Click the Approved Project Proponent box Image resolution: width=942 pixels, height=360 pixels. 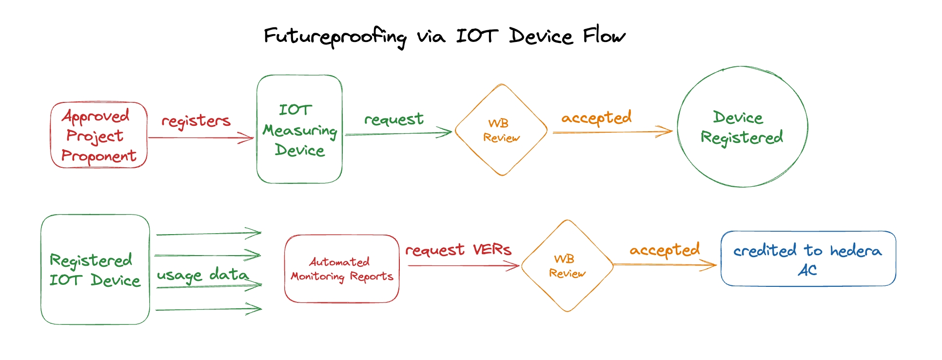[x=98, y=135]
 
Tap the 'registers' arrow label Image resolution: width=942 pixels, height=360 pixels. [x=196, y=120]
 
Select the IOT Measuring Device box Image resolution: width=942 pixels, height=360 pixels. [x=299, y=129]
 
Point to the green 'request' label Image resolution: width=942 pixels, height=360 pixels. [x=393, y=119]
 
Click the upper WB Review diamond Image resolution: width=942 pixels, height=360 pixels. [x=501, y=130]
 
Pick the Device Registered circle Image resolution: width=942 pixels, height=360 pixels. [x=742, y=127]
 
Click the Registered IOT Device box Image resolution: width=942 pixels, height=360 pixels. [x=95, y=269]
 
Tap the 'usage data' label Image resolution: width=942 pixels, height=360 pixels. [x=202, y=275]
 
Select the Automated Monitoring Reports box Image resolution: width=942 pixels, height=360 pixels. [x=341, y=269]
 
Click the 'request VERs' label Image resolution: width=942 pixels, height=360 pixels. [x=458, y=250]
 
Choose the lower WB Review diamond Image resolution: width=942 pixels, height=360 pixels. [x=567, y=266]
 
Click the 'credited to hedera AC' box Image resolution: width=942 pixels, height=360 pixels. [x=808, y=259]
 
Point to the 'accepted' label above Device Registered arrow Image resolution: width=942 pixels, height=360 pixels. [x=596, y=118]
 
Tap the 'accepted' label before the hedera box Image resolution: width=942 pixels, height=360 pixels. [x=665, y=250]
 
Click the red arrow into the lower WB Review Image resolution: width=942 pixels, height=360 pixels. [x=463, y=266]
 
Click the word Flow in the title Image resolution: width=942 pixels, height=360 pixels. [x=604, y=36]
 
